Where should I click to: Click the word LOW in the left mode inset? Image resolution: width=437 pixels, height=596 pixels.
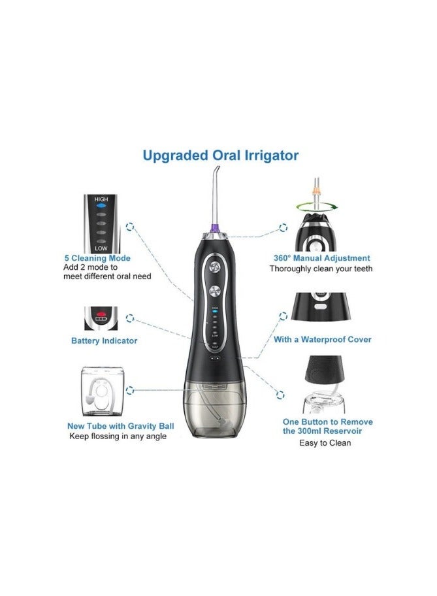(101, 248)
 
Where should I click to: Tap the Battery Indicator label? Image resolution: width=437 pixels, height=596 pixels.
(105, 340)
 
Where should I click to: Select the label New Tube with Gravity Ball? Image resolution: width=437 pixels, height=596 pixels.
(121, 426)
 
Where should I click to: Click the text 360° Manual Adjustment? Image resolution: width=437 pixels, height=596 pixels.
(321, 258)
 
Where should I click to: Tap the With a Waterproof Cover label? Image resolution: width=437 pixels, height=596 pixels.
(323, 339)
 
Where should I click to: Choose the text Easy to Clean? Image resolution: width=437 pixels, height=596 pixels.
(326, 442)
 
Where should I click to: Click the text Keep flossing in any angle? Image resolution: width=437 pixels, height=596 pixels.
(118, 436)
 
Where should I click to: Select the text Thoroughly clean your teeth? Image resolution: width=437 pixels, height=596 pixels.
(321, 269)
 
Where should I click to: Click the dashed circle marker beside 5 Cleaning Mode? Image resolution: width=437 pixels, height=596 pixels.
(131, 227)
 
